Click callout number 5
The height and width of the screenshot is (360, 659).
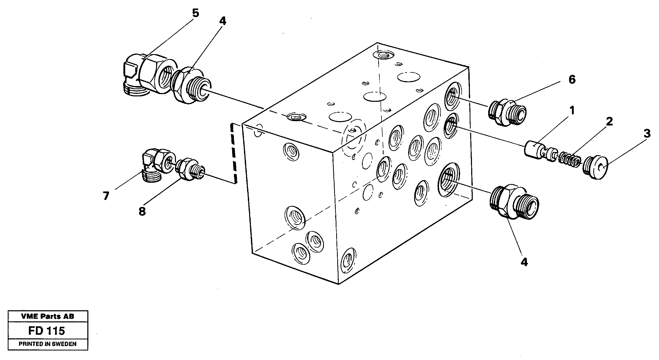coord(196,13)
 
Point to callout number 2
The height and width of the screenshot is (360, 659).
coord(609,121)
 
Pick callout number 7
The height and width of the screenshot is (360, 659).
coord(106,196)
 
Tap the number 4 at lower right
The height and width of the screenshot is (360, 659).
coord(524,262)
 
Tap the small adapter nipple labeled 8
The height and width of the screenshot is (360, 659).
coord(190,171)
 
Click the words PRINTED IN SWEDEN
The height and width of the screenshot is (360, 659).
coord(48,344)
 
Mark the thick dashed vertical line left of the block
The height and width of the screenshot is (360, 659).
coord(54,153)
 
